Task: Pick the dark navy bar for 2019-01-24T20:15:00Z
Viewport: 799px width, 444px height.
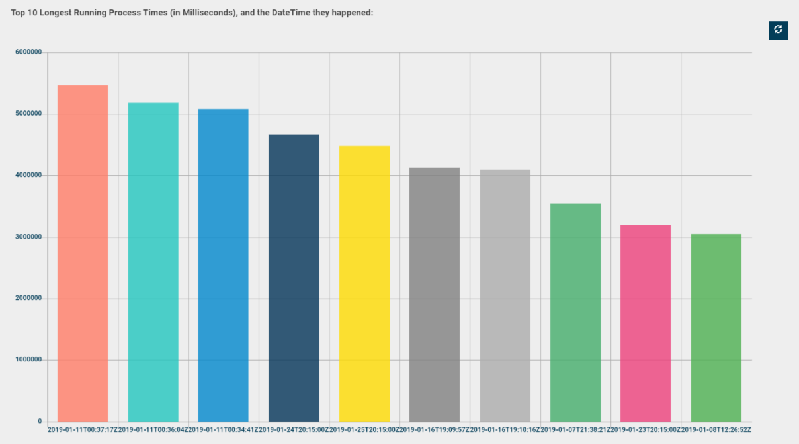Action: [294, 277]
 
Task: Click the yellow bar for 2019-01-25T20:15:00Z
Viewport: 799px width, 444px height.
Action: [364, 283]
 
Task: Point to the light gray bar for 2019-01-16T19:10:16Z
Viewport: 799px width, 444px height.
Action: [505, 295]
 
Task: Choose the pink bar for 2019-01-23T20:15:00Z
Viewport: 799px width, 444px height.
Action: [646, 323]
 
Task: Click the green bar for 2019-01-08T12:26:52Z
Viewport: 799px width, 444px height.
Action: [716, 328]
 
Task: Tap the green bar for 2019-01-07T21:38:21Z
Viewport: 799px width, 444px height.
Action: [575, 312]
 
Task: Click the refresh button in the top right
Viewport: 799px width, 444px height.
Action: [778, 30]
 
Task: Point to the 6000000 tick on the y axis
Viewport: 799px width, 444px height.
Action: [28, 52]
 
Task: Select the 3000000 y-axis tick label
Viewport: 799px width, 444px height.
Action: [28, 237]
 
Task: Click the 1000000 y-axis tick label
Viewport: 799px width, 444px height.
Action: [28, 360]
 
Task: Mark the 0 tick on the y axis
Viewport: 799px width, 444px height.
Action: [40, 422]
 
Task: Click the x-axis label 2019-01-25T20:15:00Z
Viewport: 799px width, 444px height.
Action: [364, 430]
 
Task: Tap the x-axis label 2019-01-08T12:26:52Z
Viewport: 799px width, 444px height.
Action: [716, 430]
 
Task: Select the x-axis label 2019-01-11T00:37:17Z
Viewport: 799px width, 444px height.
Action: [83, 430]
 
